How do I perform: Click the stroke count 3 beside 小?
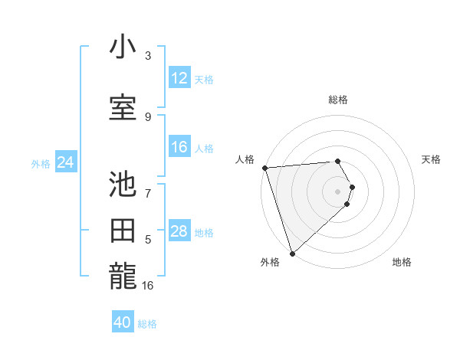tap(148, 56)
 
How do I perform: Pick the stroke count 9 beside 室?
tap(148, 116)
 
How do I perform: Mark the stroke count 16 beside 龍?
tap(148, 286)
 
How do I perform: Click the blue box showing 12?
tap(179, 78)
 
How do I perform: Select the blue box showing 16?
tap(179, 147)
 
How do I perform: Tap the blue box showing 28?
tap(179, 231)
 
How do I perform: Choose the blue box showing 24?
tap(65, 162)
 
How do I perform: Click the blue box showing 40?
tap(123, 322)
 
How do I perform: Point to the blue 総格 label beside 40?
tap(147, 324)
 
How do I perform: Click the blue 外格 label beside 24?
tap(41, 164)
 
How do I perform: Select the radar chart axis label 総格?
tap(338, 100)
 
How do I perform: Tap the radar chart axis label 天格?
tap(432, 159)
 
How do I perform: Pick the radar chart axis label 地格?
tap(402, 262)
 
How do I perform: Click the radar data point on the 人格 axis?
tap(264, 168)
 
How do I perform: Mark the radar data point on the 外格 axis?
tap(292, 252)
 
